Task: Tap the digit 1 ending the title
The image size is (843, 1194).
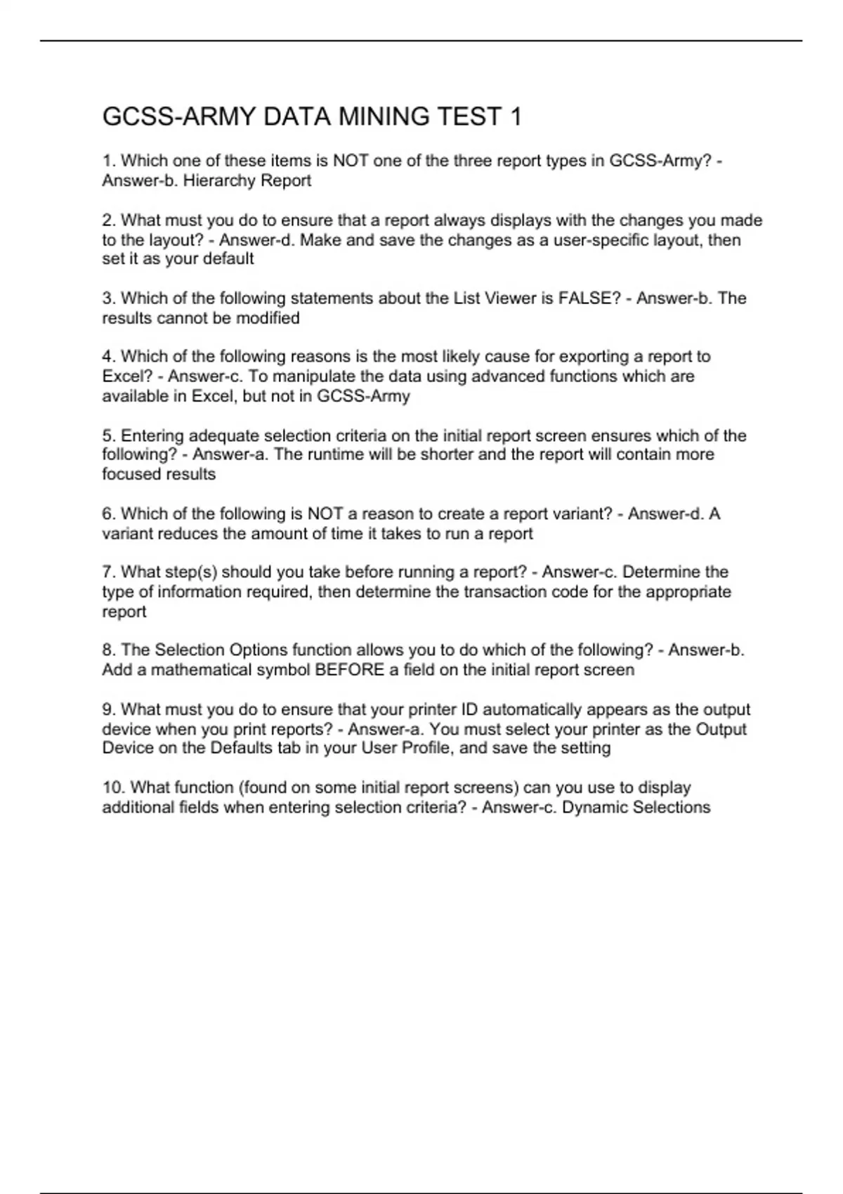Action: point(516,117)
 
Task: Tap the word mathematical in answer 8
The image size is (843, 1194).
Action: point(200,670)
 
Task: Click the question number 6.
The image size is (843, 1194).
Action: point(109,514)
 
